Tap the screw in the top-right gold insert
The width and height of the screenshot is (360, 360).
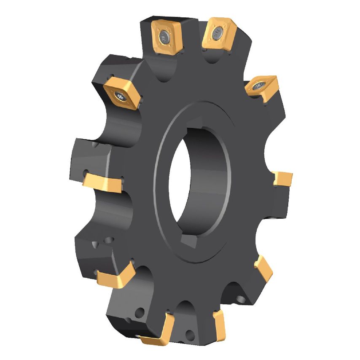pos(218,32)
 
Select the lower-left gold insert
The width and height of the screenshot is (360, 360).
pos(115,276)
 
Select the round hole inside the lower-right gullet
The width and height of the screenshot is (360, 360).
pos(240,299)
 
